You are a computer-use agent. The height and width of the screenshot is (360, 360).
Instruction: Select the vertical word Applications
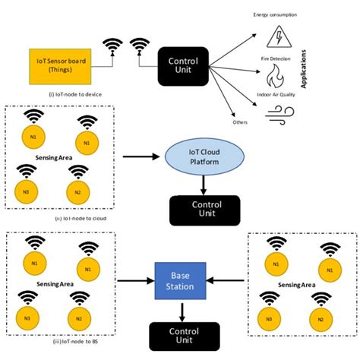[305, 71]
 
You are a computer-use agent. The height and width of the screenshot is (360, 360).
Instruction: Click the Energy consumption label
[275, 13]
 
